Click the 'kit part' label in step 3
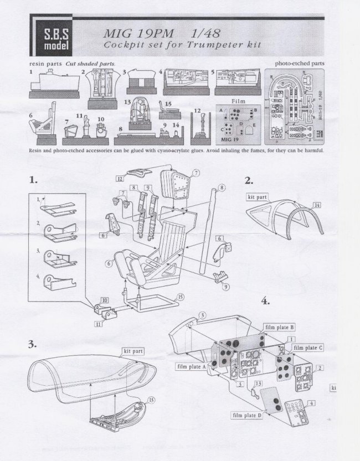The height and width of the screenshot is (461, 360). [134, 351]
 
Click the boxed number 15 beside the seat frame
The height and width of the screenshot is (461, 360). [181, 297]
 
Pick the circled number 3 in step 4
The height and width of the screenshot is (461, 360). [203, 314]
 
